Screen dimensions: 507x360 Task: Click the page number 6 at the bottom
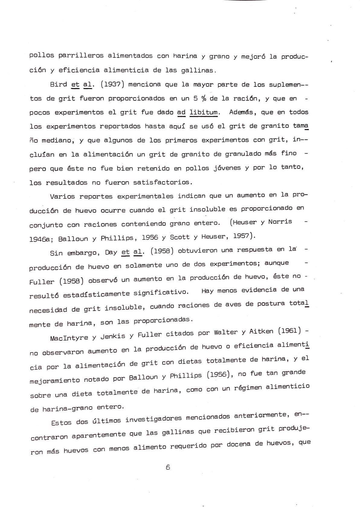tap(168, 467)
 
